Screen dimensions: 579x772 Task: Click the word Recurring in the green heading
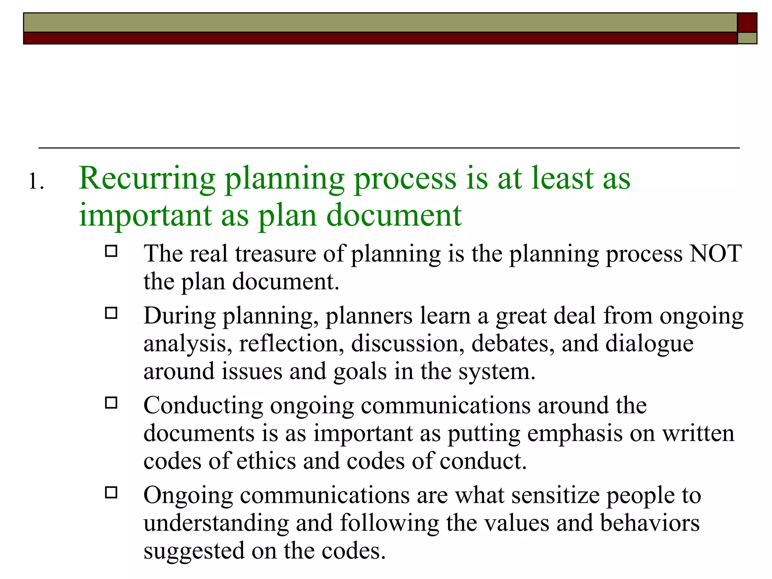coord(147,179)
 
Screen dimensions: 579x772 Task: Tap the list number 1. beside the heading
coord(36,182)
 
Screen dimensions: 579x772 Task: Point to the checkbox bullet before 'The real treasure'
coord(111,251)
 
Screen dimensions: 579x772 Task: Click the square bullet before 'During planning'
coord(111,313)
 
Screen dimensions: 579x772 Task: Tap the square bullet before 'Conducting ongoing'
coord(111,403)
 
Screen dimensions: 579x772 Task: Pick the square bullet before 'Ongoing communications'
coord(111,493)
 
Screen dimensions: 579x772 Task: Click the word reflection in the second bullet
coord(291,343)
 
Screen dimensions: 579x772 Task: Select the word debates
coord(513,343)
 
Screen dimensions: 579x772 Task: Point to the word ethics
coord(266,461)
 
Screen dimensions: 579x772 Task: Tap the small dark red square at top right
coord(747,23)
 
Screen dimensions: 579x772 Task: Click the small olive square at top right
coord(747,38)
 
